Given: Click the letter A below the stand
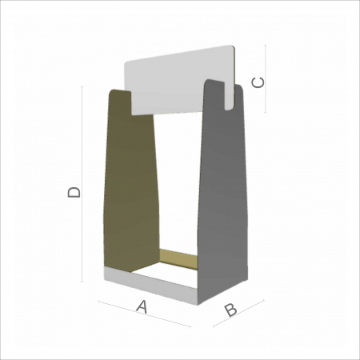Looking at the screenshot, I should (142, 306).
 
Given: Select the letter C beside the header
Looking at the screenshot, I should (258, 82).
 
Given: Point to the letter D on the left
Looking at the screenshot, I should (73, 192).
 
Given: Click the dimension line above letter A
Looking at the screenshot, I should (144, 314).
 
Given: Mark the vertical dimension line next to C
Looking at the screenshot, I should (266, 80).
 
